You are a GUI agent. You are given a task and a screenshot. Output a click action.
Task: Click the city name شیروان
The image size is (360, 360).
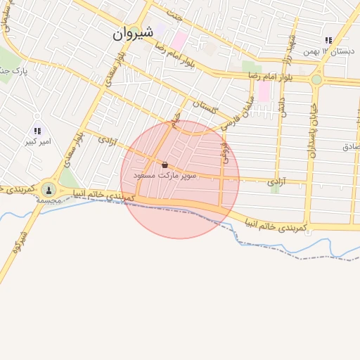(x=132, y=33)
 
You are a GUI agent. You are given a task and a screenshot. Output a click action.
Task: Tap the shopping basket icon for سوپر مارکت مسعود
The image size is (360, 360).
(x=165, y=165)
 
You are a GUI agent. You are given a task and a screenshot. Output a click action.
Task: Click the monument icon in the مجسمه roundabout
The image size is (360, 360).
(x=49, y=188)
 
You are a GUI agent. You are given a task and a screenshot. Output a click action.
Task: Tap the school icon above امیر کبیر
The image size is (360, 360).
(x=37, y=130)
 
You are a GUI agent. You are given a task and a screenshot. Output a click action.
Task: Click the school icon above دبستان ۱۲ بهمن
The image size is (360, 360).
(x=328, y=41)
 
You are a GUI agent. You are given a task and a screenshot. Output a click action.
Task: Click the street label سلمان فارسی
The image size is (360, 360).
(x=239, y=115)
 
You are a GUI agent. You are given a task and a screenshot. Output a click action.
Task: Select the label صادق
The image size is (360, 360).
(x=350, y=147)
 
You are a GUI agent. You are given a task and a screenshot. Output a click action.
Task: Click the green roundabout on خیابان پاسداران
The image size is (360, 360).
(x=316, y=79)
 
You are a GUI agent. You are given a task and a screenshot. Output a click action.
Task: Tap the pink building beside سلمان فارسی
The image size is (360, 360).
(x=264, y=92)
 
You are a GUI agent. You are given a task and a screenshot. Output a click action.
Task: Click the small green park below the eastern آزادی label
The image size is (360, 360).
(x=275, y=189)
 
